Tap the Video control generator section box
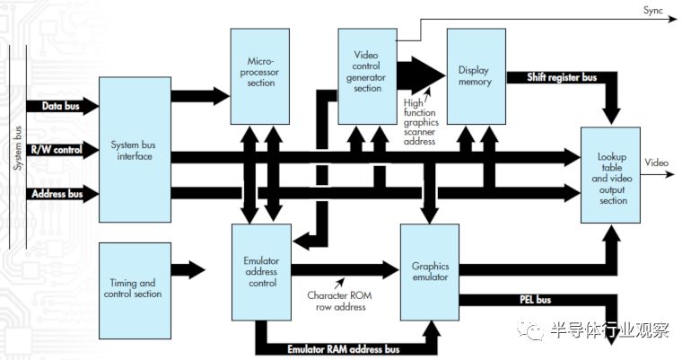pos(367,75)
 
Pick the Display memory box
pos(474,75)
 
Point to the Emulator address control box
pos(260,272)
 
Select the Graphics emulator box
pos(429,272)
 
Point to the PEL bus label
pos(536,300)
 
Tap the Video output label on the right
pos(657,162)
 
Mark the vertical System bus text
pos(17,148)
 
